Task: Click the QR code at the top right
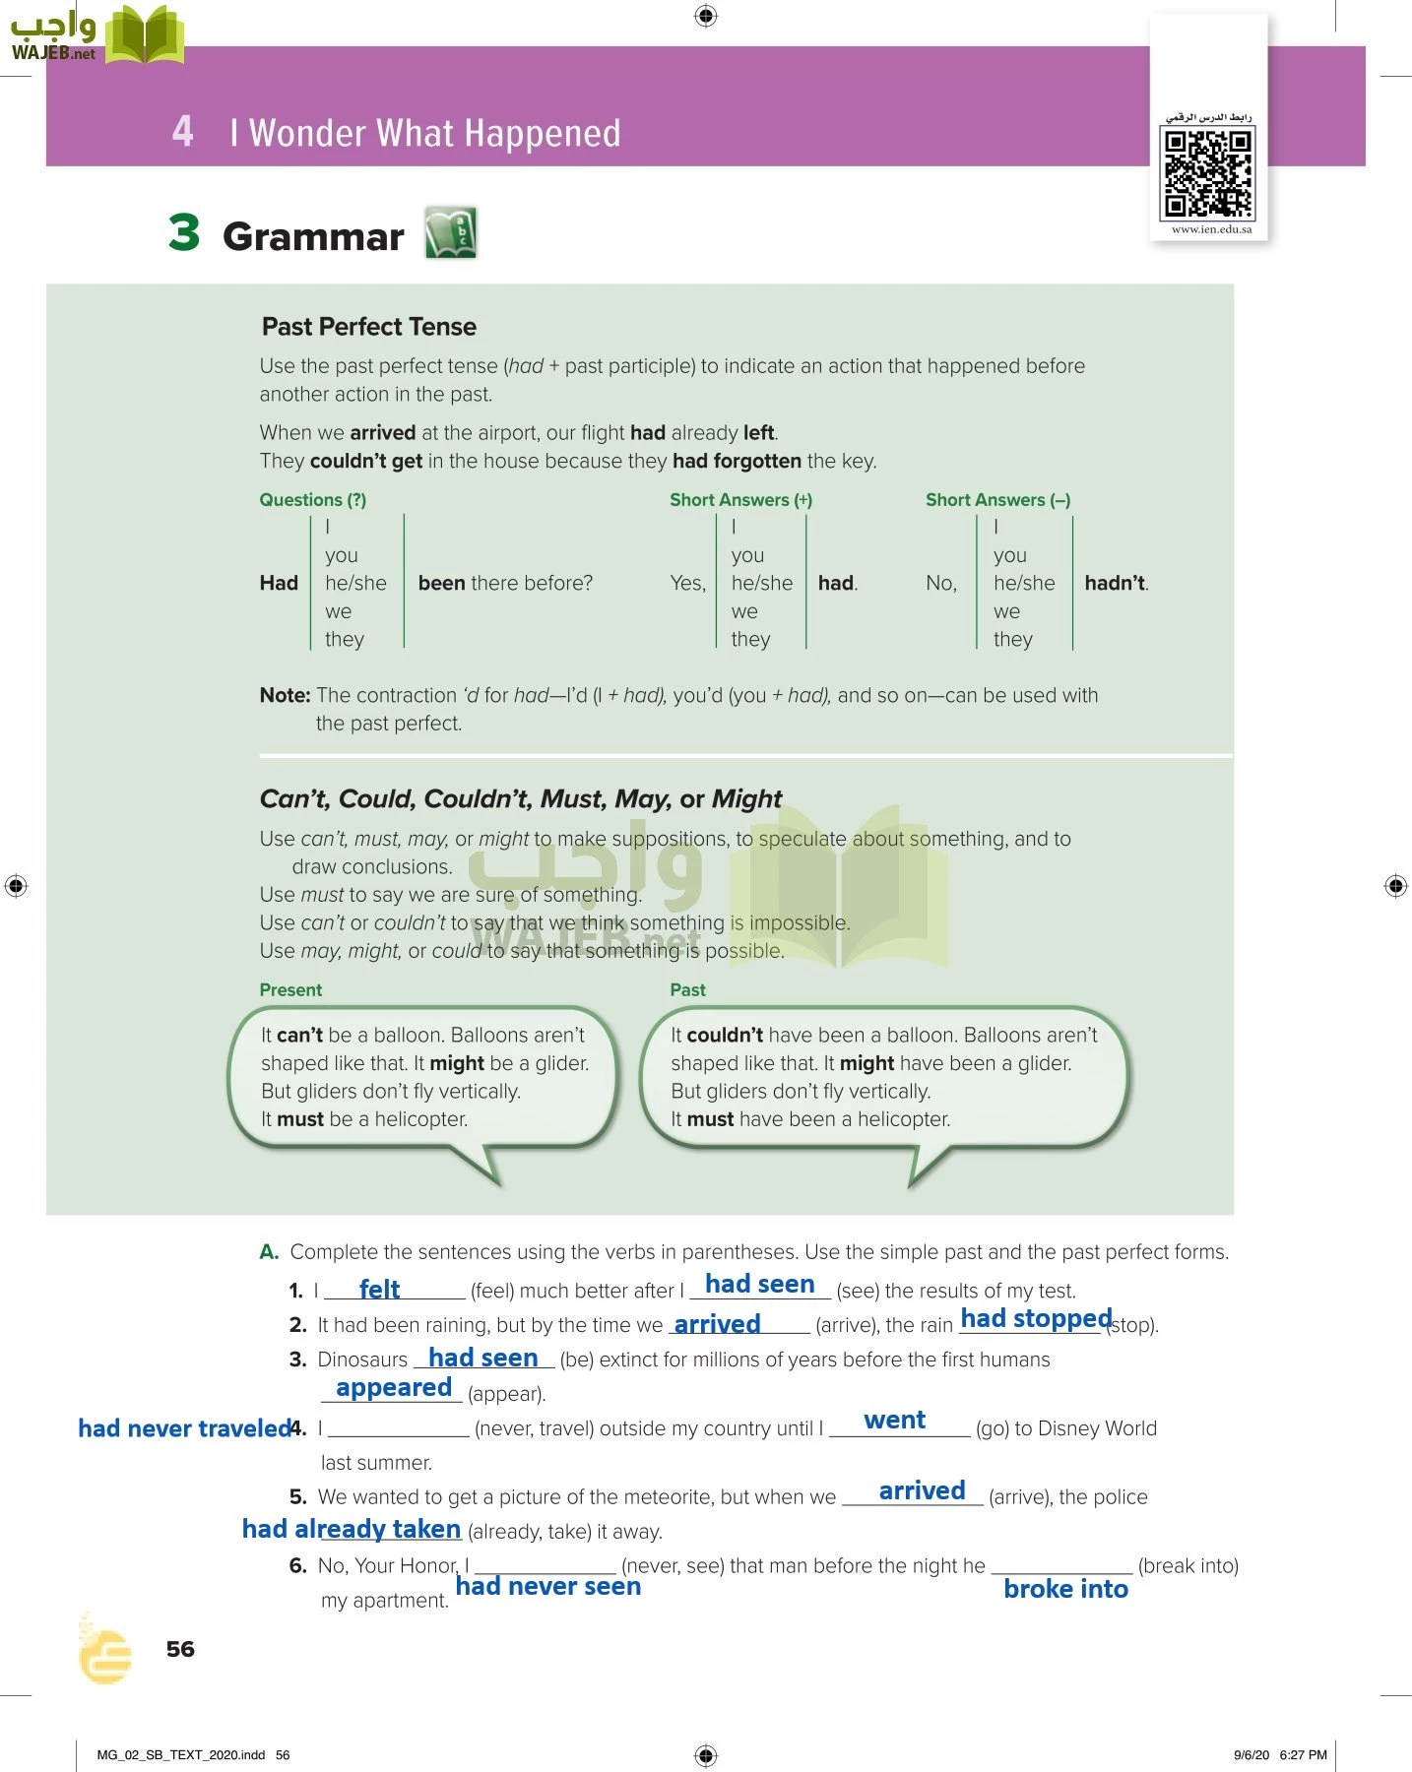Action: pos(1208,173)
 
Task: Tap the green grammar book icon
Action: pos(451,233)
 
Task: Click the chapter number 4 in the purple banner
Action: pos(182,131)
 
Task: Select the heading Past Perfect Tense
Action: pos(368,327)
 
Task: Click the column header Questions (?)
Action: pos(312,500)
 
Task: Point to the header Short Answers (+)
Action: pos(740,500)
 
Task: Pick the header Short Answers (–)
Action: pos(997,500)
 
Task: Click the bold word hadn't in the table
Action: pos(1116,583)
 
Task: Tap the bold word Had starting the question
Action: pos(279,583)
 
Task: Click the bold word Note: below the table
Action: pos(285,695)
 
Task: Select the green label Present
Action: pos(290,989)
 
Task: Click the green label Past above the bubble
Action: pos(687,989)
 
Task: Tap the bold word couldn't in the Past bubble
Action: pos(724,1035)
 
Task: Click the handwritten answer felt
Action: pos(379,1289)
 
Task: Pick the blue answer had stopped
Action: pos(1036,1318)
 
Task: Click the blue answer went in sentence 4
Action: pos(894,1420)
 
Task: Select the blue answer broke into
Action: pos(1065,1589)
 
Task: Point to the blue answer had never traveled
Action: pos(184,1428)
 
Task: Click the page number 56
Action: pos(180,1649)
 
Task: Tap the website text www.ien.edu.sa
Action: pos(1211,229)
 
